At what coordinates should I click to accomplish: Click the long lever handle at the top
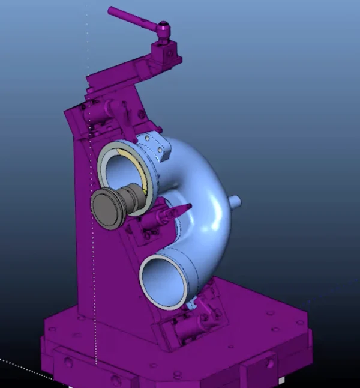(133, 17)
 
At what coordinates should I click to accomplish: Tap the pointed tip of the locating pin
(188, 207)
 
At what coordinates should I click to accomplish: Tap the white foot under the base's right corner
(281, 380)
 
